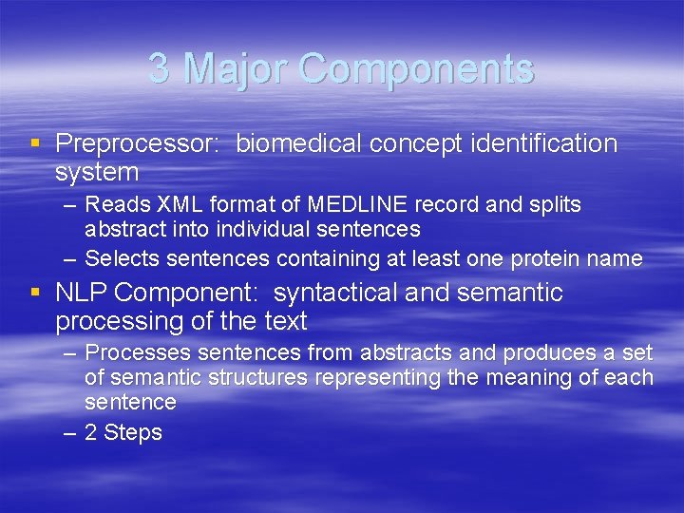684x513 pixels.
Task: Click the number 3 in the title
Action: (x=160, y=69)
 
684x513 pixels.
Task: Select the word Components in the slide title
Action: (x=416, y=69)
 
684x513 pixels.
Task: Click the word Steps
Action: (x=133, y=432)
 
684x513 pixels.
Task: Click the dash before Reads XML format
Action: (x=71, y=204)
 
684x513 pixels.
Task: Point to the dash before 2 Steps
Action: (x=71, y=432)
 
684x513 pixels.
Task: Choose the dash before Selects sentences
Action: (x=71, y=258)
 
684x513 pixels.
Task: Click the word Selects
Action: (x=119, y=258)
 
